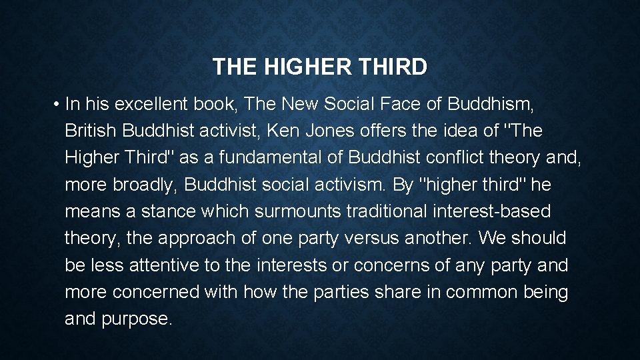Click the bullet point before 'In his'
click(59, 105)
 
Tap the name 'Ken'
click(281, 131)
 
